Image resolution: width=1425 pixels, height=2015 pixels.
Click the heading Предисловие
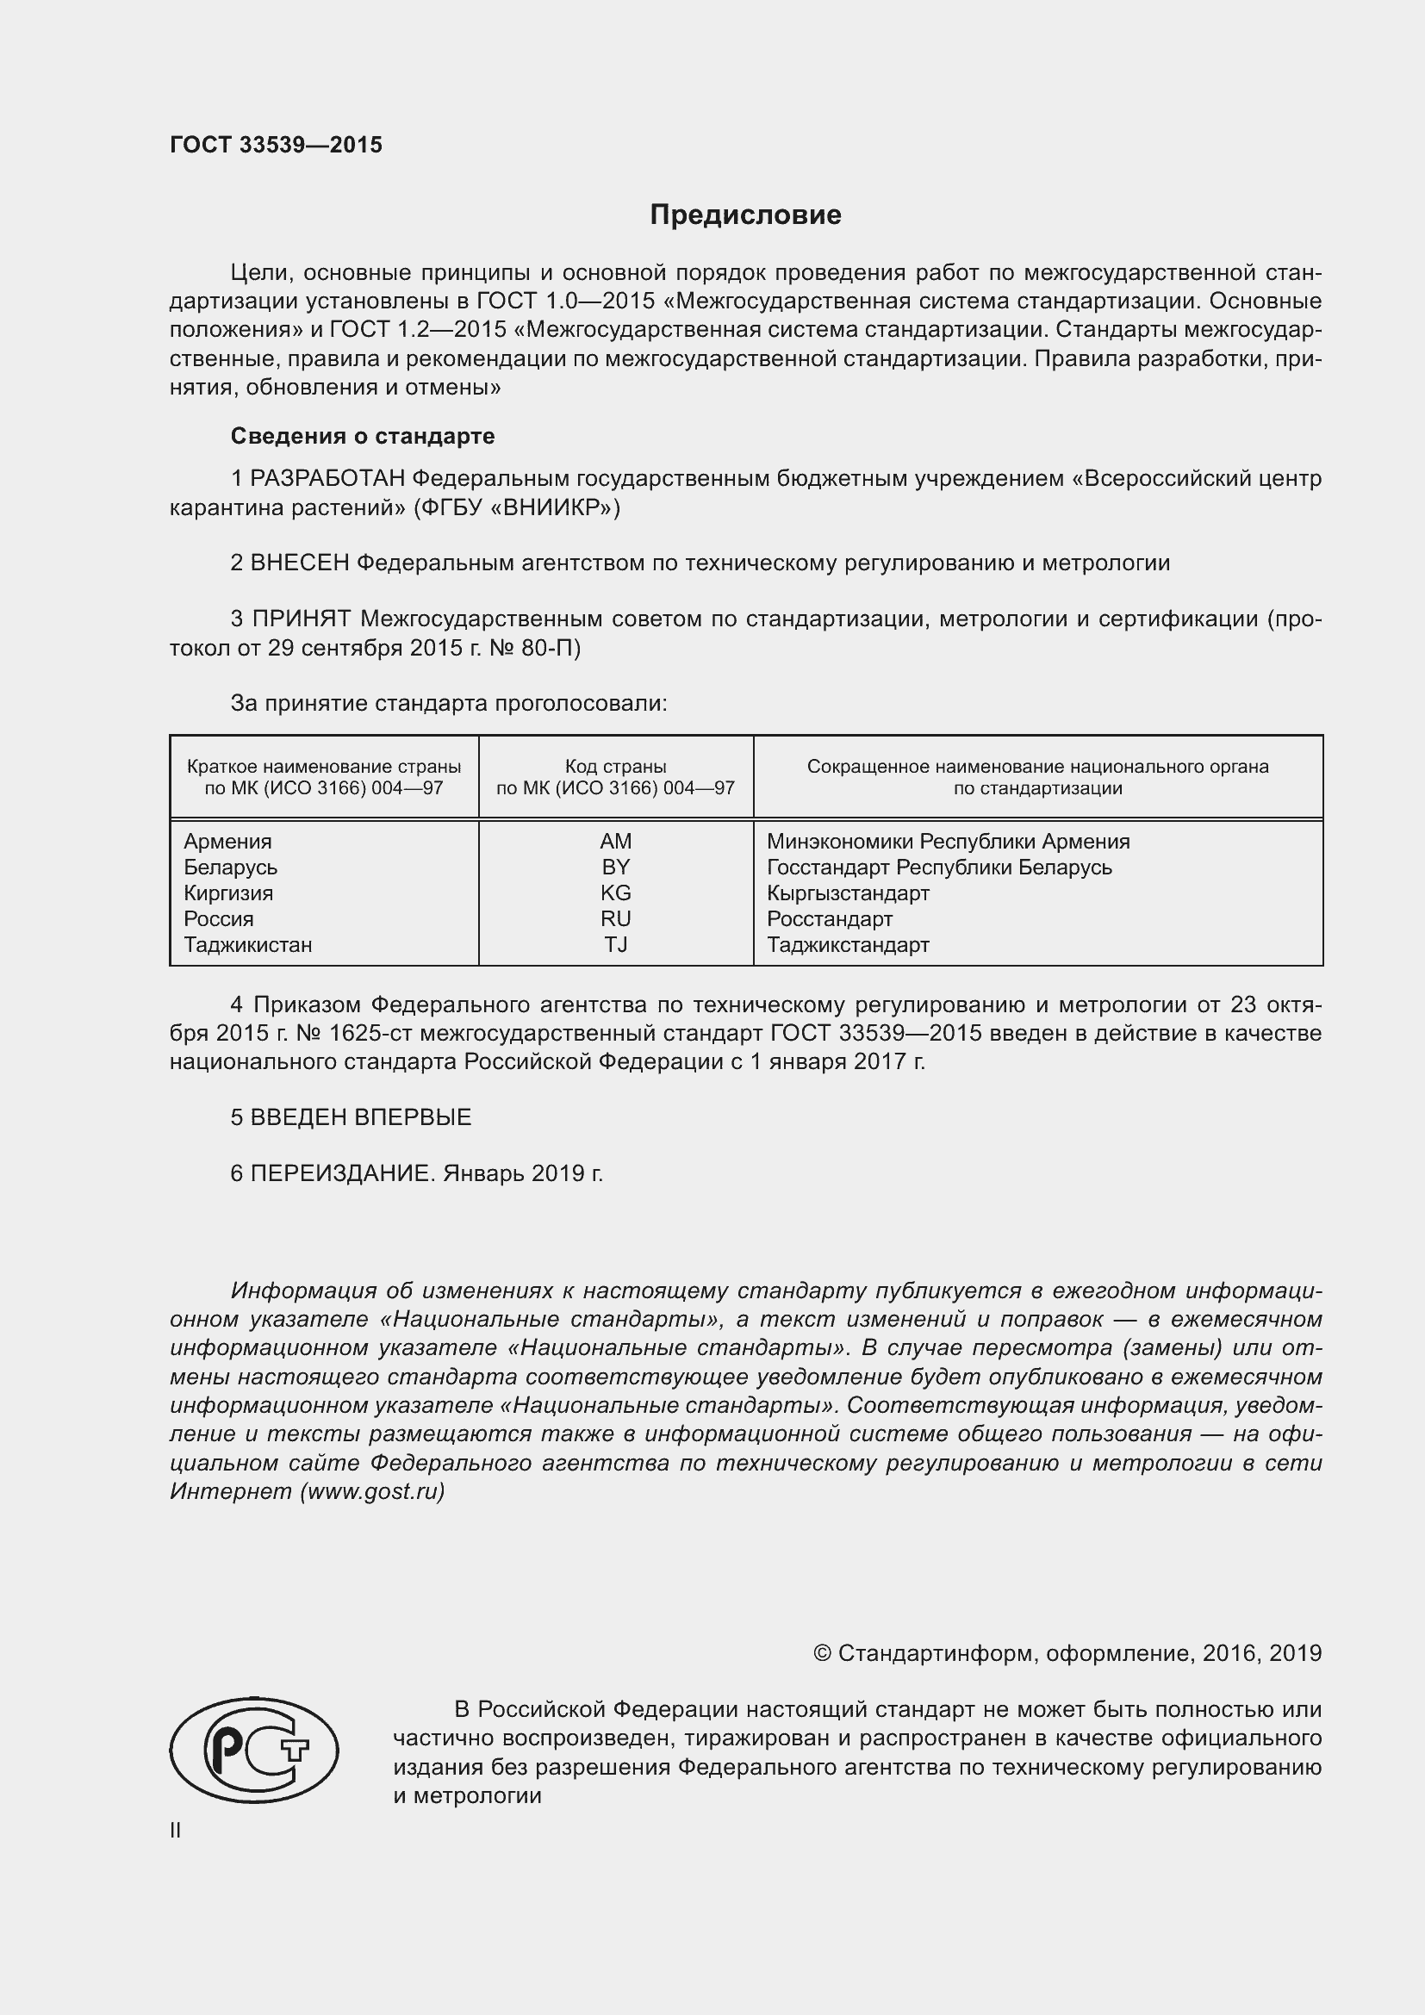745,215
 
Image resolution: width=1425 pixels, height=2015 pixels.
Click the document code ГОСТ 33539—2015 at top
276,145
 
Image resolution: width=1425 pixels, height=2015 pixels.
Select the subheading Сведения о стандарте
363,436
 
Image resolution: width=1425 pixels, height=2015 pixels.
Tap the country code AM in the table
615,841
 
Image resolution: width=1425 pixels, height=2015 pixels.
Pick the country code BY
615,868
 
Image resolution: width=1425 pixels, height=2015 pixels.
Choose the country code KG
615,892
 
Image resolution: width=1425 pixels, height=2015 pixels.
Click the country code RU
615,919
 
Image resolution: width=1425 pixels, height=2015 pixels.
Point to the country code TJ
615,944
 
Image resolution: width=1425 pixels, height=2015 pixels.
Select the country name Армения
227,841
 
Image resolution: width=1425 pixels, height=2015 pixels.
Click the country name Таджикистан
247,944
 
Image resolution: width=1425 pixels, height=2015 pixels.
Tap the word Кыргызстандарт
848,892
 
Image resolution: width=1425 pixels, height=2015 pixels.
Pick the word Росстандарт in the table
829,919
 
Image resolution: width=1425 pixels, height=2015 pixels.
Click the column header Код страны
615,766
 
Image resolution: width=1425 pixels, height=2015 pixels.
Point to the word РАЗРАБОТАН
327,479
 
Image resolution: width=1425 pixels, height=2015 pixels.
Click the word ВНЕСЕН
300,563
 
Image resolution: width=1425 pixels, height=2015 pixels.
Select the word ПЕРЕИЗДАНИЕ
342,1173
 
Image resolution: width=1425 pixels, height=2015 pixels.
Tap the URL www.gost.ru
372,1492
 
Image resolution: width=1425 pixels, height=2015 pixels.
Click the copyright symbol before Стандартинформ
822,1653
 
